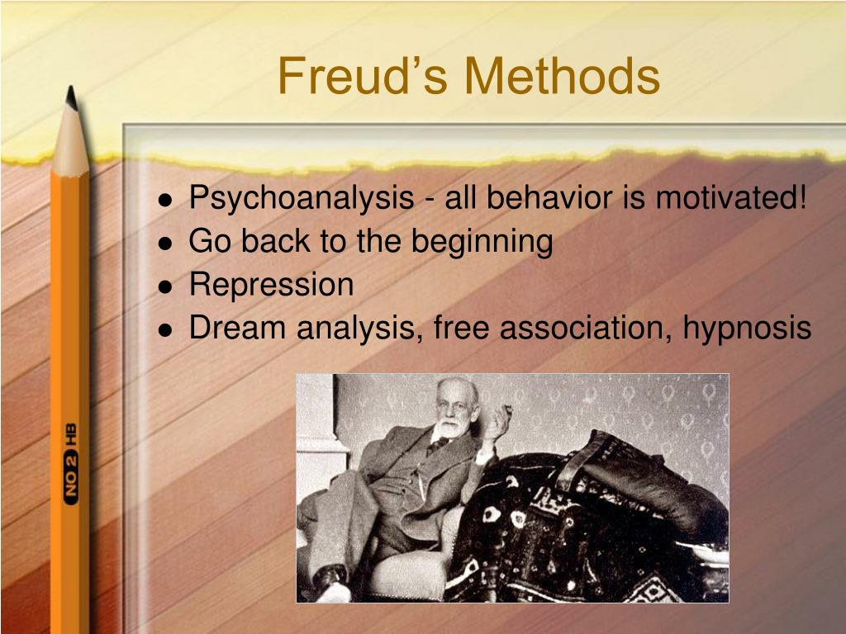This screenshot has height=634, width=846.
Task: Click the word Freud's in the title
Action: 362,76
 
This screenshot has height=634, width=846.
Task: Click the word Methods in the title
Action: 562,76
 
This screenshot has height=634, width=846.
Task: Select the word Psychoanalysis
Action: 302,199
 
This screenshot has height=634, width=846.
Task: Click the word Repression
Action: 271,285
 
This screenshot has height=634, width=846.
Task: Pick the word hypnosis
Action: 747,329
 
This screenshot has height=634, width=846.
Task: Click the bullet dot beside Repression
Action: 166,286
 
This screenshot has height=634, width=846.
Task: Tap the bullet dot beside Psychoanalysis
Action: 166,201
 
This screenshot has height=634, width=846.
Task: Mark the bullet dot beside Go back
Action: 166,244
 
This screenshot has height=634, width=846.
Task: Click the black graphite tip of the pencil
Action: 71,97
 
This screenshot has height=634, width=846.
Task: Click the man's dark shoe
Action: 330,578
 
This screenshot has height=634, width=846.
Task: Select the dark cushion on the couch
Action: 644,479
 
